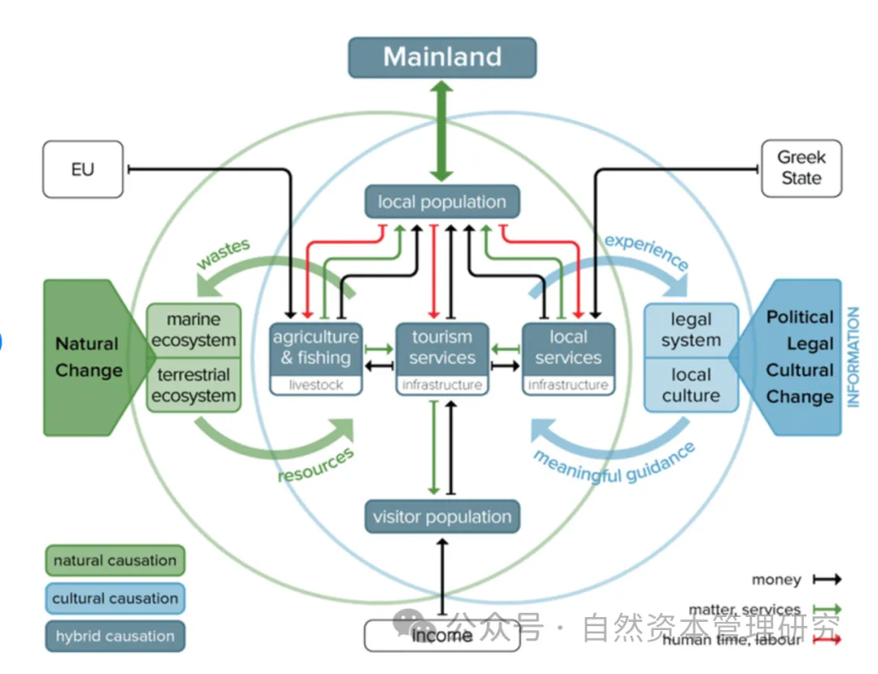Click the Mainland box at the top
coord(442,57)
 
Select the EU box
coord(82,169)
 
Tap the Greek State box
coord(801,168)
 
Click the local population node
coord(441,202)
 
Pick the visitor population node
coord(441,517)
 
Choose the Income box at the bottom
coord(441,636)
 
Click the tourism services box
coord(441,348)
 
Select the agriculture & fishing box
coord(315,348)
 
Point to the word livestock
coord(315,385)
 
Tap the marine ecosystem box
coord(193,330)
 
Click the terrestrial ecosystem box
coord(193,385)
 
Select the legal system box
coord(690,330)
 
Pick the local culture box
coord(690,385)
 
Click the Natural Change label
coord(88,357)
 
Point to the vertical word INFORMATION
coord(853,357)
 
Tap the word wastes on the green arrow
coord(223,254)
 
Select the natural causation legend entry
coord(115,561)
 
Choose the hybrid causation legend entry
coord(115,637)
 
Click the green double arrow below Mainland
coord(441,130)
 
